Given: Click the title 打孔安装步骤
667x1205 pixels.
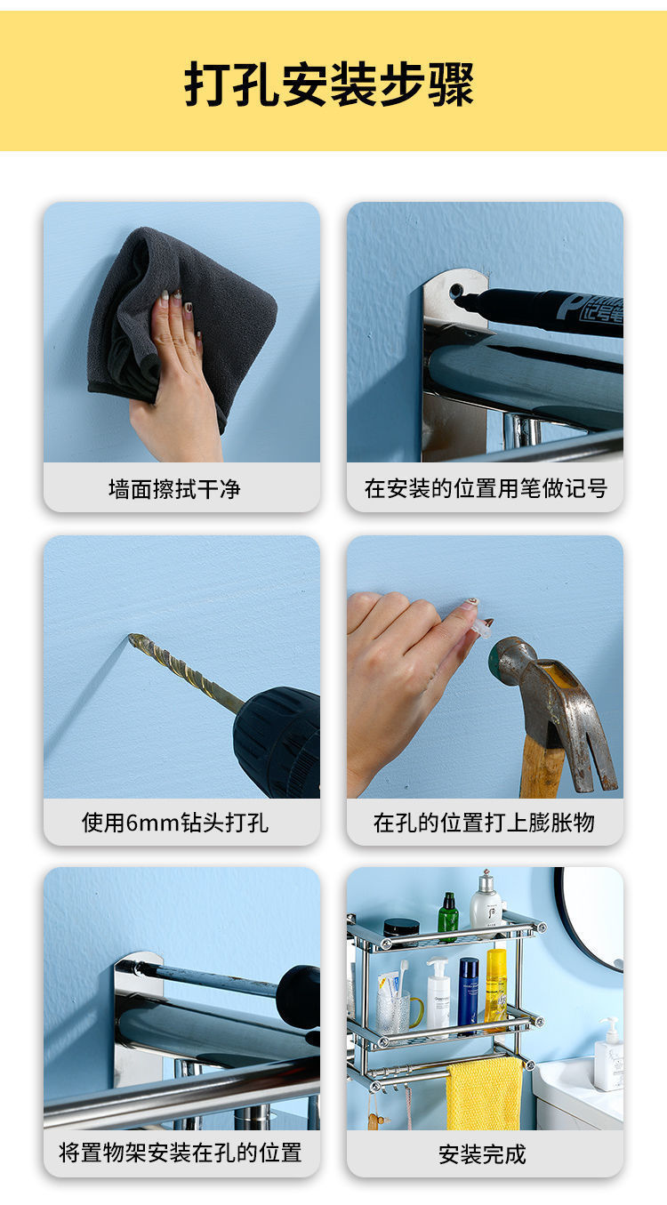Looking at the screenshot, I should coord(329,84).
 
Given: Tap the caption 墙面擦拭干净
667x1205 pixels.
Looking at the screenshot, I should coord(174,489).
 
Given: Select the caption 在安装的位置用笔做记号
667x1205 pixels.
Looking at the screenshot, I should coord(486,488).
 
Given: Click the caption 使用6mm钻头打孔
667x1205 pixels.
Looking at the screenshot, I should coord(174,823).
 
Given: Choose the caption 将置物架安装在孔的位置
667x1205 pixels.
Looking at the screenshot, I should coord(181,1153).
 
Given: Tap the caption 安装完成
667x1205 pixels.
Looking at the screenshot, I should coord(482,1154).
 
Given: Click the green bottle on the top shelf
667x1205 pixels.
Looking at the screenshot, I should coord(448,917).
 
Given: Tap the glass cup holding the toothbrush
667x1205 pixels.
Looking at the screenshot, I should coord(391,1011).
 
